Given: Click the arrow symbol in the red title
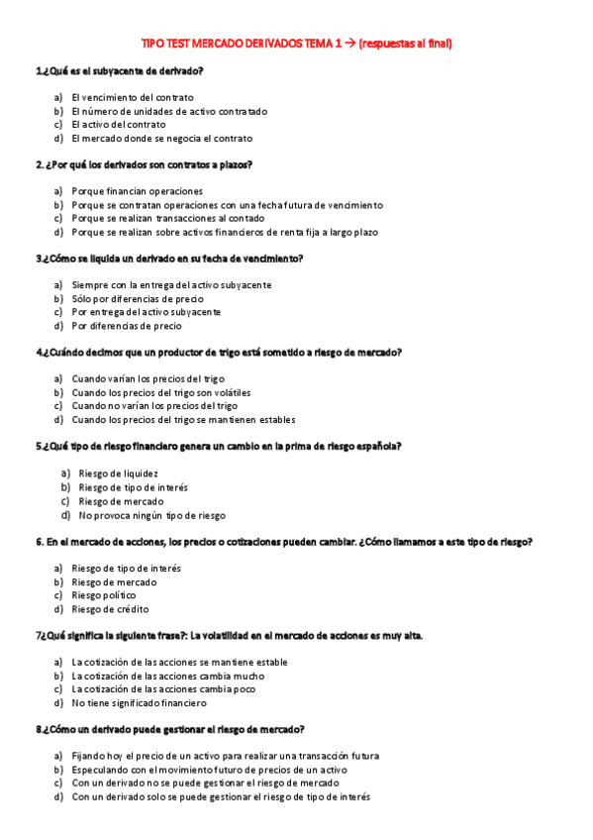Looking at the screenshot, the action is (x=350, y=44).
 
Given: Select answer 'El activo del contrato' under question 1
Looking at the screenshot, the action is (x=119, y=125).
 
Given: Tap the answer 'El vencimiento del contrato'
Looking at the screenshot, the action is (x=133, y=97).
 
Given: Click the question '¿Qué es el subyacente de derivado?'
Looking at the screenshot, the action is (x=120, y=71).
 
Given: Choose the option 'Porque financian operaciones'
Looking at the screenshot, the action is (x=137, y=190).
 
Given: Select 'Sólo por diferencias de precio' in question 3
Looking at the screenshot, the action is (x=138, y=298).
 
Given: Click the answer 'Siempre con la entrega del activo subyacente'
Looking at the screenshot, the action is (x=171, y=284).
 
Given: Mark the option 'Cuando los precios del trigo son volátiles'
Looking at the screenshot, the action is (x=161, y=392).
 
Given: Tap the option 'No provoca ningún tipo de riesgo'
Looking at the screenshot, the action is (x=151, y=515).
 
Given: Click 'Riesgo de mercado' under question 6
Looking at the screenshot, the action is (x=114, y=581).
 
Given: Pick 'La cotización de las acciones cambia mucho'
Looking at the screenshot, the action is (x=168, y=676).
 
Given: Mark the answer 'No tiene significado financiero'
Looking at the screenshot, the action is (x=140, y=702).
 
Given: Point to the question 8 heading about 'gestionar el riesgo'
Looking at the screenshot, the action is (x=169, y=729).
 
